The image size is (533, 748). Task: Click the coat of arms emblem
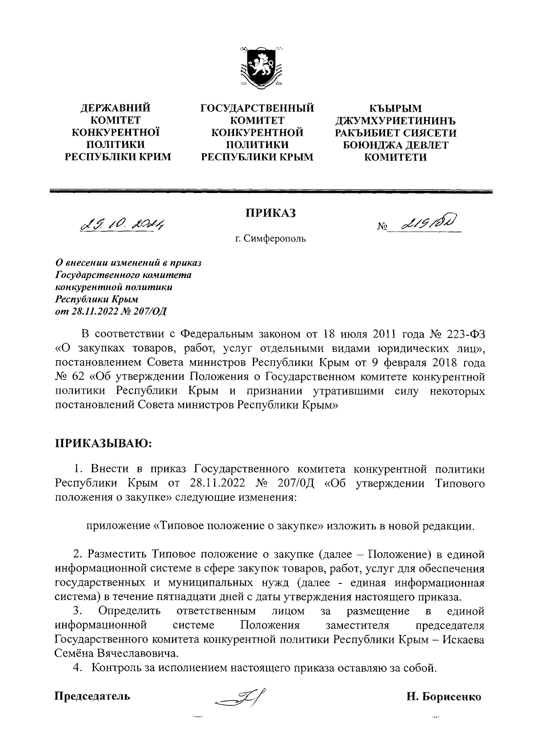tap(261, 67)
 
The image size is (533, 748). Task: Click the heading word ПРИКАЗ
tap(270, 214)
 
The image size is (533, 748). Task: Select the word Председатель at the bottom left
tap(92, 696)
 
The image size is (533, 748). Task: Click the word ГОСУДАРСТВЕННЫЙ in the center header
tap(257, 108)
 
